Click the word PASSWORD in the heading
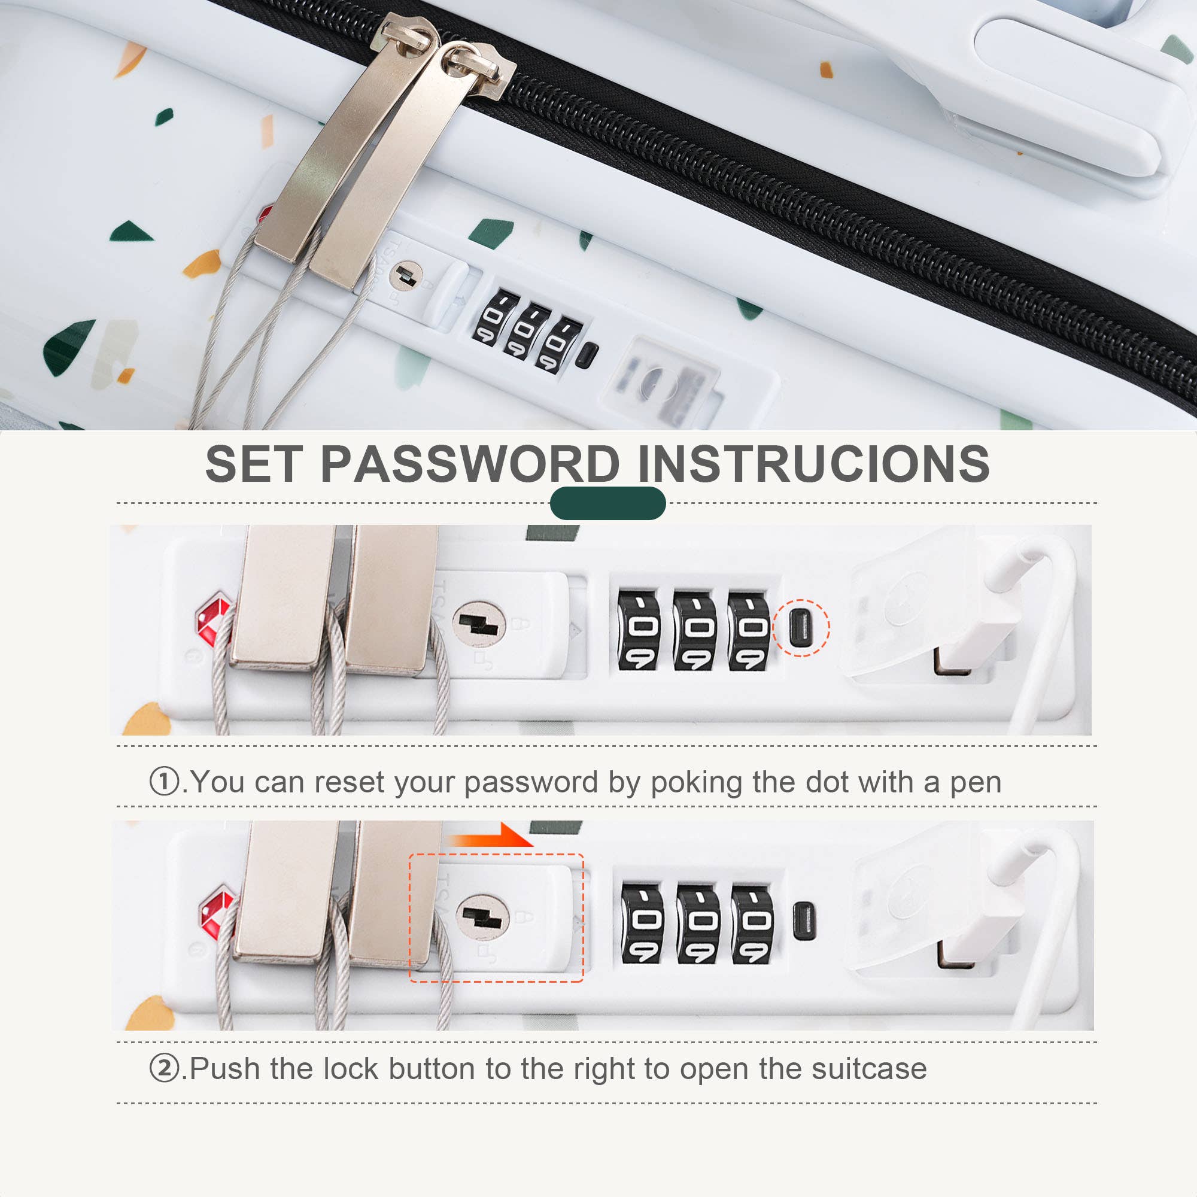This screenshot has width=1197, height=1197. point(470,464)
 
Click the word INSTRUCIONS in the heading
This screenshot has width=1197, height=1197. point(813,464)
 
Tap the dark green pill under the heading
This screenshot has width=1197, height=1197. point(607,503)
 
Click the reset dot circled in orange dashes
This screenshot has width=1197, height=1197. point(801,627)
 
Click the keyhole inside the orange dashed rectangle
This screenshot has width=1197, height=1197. point(482,916)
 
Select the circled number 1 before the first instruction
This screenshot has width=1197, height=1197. point(164,781)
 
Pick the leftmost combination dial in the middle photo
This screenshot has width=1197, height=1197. point(639,630)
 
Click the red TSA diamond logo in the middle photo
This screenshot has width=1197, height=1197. point(212,617)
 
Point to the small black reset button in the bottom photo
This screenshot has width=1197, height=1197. point(804,920)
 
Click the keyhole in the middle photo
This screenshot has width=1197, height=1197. point(478,624)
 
